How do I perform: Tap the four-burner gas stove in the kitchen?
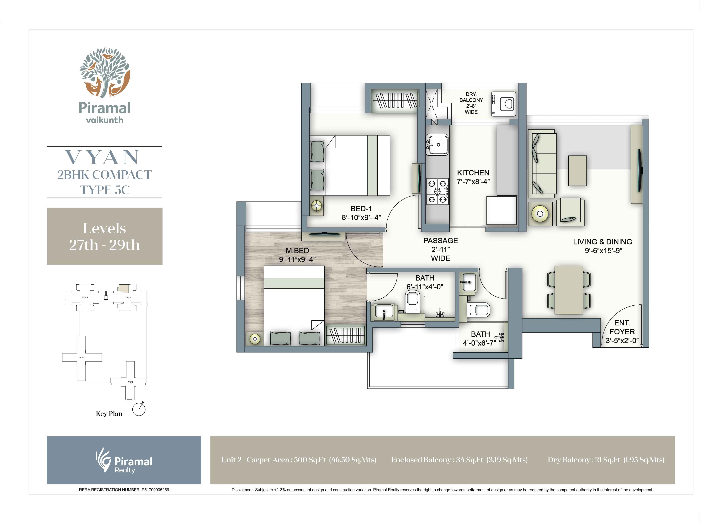click(x=437, y=191)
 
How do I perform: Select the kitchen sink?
click(x=437, y=145)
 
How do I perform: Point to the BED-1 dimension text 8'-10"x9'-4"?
click(x=361, y=218)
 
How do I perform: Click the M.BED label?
click(x=297, y=251)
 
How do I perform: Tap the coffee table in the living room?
click(x=577, y=171)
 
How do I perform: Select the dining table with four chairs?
click(x=569, y=290)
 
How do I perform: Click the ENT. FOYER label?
click(x=622, y=327)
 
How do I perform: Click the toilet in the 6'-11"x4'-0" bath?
click(x=413, y=301)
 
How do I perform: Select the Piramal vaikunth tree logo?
click(x=104, y=72)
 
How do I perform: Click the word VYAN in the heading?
click(x=103, y=157)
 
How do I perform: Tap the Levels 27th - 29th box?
click(x=104, y=236)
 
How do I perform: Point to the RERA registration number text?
click(x=124, y=490)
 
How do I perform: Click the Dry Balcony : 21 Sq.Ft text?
click(x=606, y=460)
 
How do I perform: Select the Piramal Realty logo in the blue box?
click(x=124, y=460)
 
